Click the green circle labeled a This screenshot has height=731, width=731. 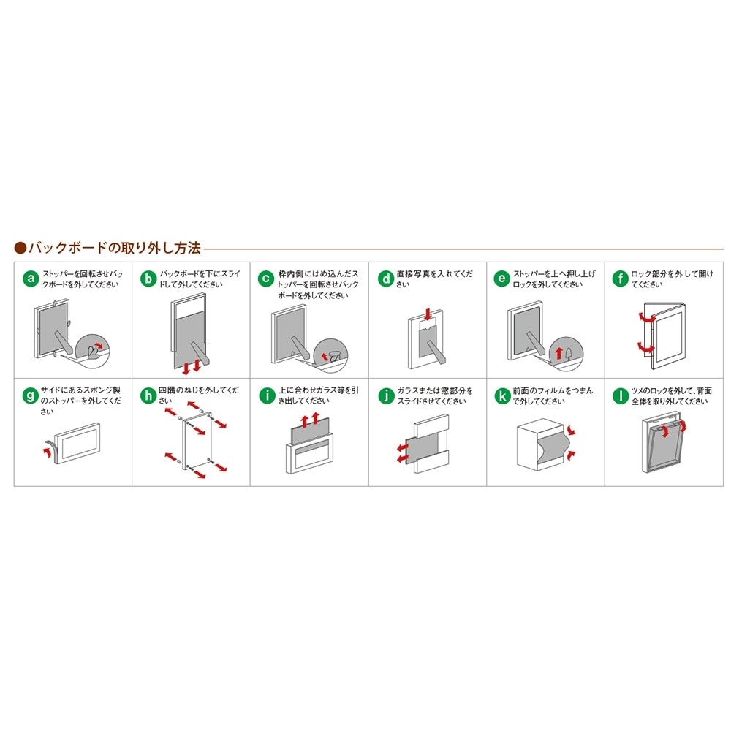31,279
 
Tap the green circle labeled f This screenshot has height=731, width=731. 620,279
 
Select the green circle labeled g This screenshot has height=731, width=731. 31,395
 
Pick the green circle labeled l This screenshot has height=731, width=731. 620,395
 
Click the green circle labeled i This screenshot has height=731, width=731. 267,395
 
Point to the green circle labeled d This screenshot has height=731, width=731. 385,279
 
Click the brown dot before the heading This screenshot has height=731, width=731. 20,248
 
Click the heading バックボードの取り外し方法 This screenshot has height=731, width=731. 115,248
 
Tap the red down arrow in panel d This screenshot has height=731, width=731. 428,314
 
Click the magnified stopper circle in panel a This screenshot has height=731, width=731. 94,350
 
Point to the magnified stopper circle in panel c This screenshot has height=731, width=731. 331,355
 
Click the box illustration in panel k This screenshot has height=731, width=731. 541,445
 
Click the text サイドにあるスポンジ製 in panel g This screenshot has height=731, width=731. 80,390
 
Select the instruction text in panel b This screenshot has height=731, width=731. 200,279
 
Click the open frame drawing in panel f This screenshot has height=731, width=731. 664,335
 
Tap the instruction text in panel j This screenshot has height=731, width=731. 434,395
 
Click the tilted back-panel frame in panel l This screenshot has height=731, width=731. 664,442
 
